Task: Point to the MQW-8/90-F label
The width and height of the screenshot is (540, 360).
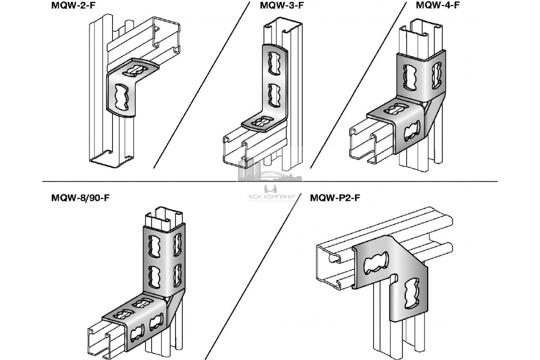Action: point(81,199)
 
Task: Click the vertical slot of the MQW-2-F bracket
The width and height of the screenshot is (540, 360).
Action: point(121,94)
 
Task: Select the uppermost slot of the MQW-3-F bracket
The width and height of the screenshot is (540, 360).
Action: point(273,63)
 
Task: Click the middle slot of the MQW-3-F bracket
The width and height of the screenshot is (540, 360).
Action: point(273,94)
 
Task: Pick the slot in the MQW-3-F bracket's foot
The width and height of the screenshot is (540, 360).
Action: point(260,121)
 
